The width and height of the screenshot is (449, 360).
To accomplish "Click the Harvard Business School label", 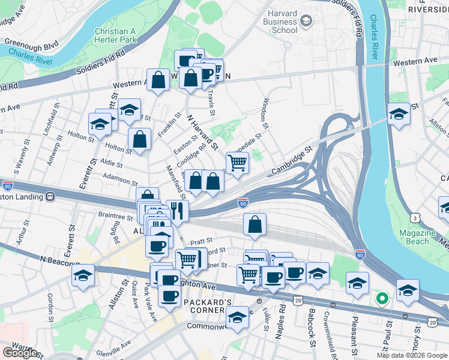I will point(276,22).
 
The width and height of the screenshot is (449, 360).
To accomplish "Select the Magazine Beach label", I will point(413,237).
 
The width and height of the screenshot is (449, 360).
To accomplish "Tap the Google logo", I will point(20,353).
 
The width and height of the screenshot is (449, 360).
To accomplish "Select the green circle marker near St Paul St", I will point(380,297).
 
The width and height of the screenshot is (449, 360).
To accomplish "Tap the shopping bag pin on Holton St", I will point(139,140).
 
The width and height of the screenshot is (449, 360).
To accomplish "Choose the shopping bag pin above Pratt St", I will point(255,225).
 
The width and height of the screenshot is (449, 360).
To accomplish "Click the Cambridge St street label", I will point(292,160).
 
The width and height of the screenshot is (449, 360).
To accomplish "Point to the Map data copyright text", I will point(412,355).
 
